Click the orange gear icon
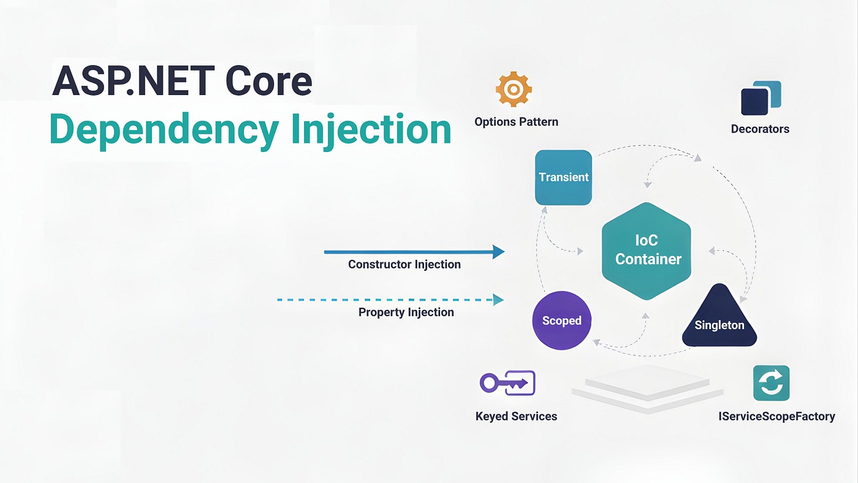coord(514,90)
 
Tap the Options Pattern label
coord(516,121)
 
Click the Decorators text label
coord(760,129)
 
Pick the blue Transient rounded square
coord(563,177)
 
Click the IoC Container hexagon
coord(648,250)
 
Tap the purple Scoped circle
coord(561,321)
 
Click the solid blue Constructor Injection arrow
coord(414,251)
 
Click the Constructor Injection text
coord(404,264)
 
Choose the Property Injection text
coord(406,312)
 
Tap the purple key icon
coord(507,383)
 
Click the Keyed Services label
coord(516,416)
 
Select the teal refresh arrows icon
coord(771,383)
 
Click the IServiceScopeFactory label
coord(776,416)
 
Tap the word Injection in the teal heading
coord(371,129)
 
